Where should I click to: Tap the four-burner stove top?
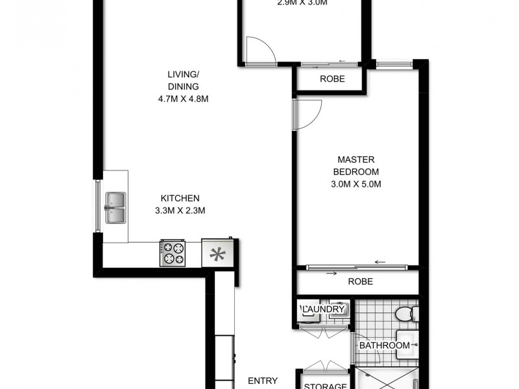click(x=173, y=252)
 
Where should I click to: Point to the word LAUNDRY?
click(x=322, y=310)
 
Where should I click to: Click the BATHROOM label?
click(x=385, y=346)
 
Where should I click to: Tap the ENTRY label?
click(x=263, y=381)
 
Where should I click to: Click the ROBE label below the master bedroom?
click(x=359, y=282)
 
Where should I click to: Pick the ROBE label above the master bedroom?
click(x=332, y=79)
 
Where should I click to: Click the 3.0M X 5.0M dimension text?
click(x=354, y=184)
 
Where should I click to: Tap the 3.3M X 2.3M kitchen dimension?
click(x=180, y=210)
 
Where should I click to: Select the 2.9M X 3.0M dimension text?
click(x=302, y=3)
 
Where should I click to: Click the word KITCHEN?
click(x=180, y=198)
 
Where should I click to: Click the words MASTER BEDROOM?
click(x=356, y=165)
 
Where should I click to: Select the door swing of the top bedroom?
click(x=259, y=50)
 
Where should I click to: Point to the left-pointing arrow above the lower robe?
click(x=380, y=262)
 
